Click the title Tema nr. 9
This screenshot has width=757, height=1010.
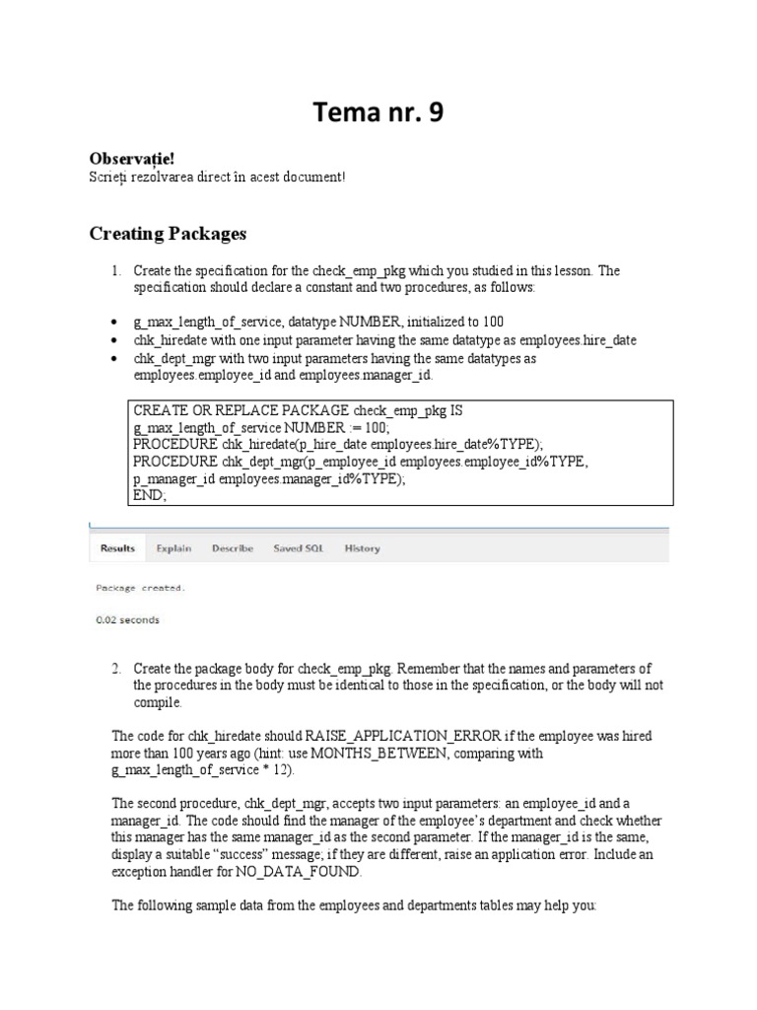[x=378, y=114]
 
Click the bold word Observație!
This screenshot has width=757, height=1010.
[x=124, y=159]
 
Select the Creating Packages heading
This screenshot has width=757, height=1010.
[x=168, y=234]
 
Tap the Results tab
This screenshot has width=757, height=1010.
[x=116, y=548]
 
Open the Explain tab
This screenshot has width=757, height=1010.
[x=173, y=548]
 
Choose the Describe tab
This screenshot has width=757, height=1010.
[x=233, y=548]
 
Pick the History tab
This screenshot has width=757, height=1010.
[x=362, y=548]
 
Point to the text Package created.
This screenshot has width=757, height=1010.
[x=139, y=588]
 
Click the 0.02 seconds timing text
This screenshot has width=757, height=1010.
[x=127, y=620]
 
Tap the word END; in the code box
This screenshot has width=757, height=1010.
[x=151, y=497]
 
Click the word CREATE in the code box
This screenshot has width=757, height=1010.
[x=158, y=409]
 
